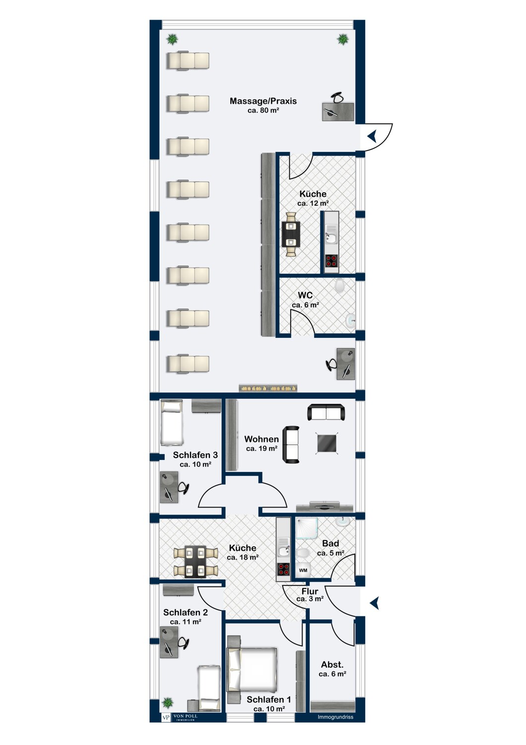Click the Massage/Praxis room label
(263, 101)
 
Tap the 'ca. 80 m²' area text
(263, 110)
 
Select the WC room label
(305, 295)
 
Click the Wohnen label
(261, 439)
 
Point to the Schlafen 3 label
(195, 455)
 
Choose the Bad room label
(330, 543)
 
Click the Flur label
(310, 591)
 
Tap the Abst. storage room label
(332, 665)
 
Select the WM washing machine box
(303, 571)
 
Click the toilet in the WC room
(340, 286)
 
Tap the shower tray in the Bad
(307, 529)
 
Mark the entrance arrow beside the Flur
(375, 603)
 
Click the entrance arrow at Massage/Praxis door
(372, 136)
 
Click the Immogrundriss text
(335, 717)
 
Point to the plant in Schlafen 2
(168, 702)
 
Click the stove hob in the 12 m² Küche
(331, 261)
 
